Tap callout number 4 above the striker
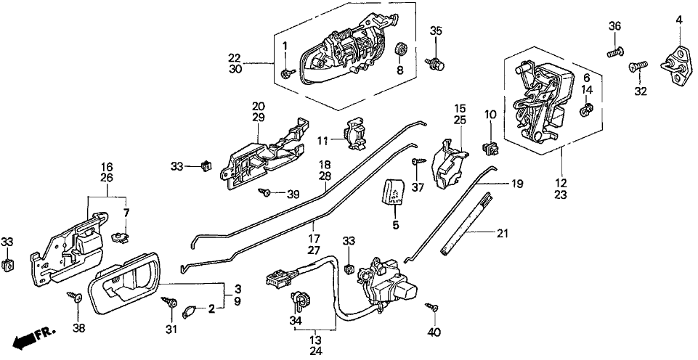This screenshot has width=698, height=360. pos(679,20)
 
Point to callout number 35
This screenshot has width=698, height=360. pos(435,30)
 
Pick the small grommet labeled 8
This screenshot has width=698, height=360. pos(399,50)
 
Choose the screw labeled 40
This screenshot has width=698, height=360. pos(434,308)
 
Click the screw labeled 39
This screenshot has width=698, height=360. pos(267,192)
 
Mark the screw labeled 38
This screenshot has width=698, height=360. pos(76,296)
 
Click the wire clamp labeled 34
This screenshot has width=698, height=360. pos(301,298)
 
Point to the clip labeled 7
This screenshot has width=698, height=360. pos(119,236)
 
